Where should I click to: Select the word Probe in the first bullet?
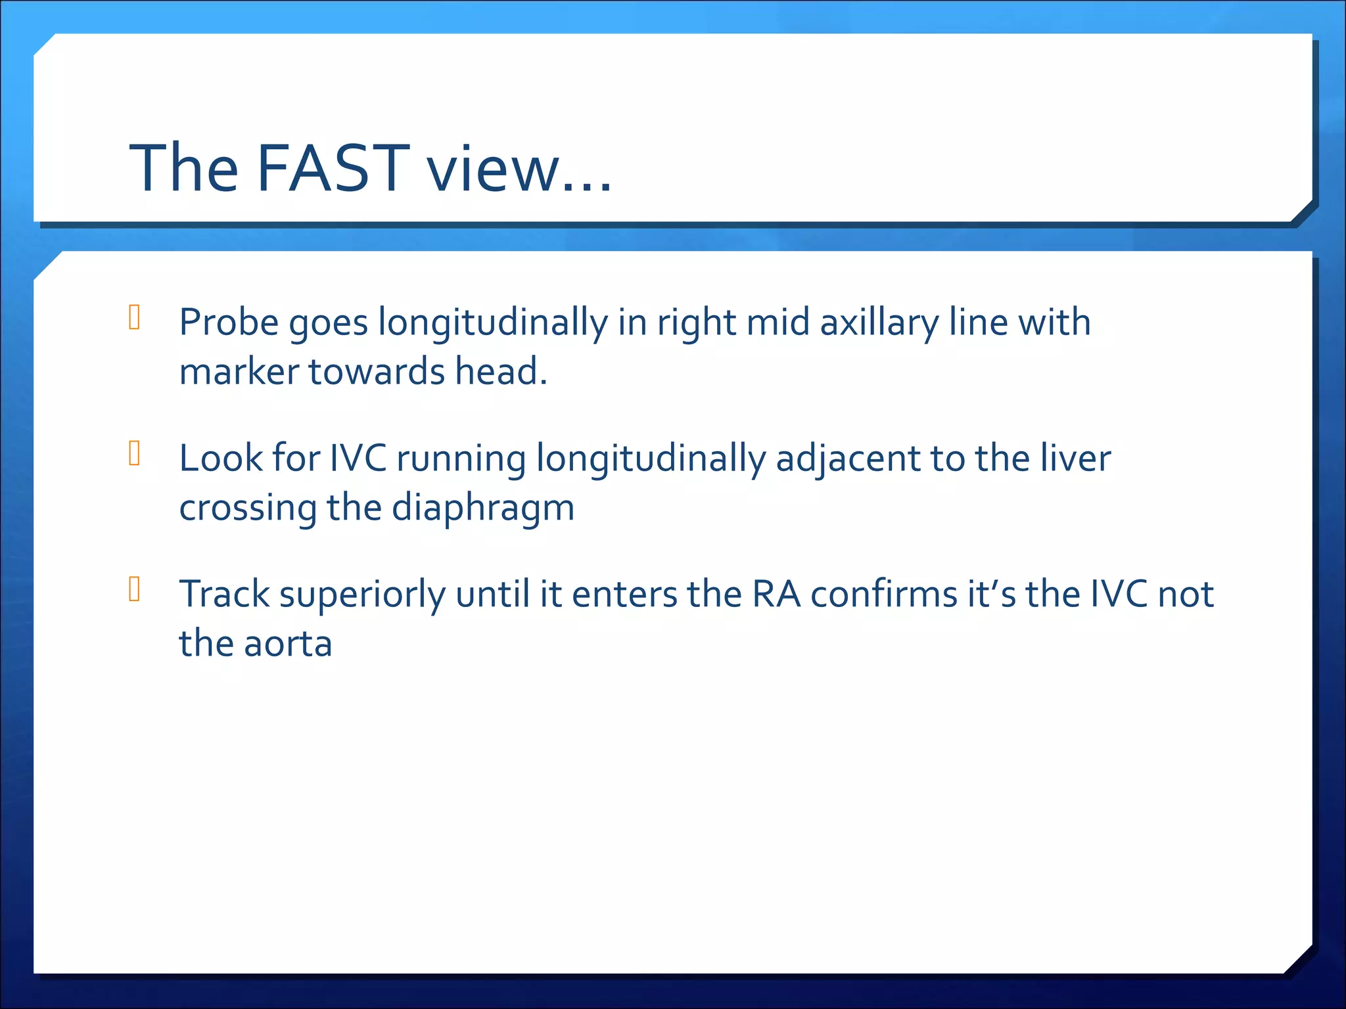229,323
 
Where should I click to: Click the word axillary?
879,324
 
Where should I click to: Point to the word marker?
239,372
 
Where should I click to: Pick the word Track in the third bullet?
224,594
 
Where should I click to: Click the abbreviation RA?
776,594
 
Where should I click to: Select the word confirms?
884,594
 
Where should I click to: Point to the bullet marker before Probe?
135,317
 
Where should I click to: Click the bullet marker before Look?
135,453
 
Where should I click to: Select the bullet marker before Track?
135,589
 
